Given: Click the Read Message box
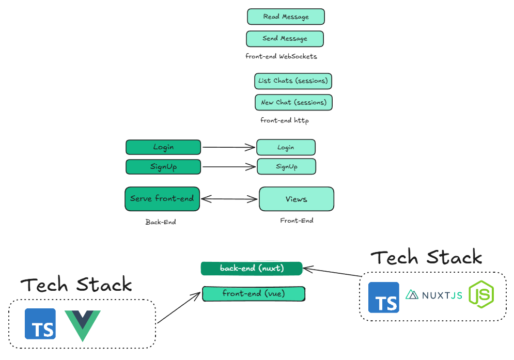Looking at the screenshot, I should click(x=286, y=17).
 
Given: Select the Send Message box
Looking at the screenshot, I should click(x=285, y=39).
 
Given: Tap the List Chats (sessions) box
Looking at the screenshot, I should click(x=293, y=81).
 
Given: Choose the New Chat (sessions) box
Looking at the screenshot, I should click(x=293, y=102).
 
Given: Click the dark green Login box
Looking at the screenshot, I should click(x=163, y=147).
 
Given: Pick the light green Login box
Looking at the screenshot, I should click(x=286, y=147).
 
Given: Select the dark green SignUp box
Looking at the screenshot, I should click(x=163, y=166).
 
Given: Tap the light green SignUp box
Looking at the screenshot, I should click(x=286, y=166).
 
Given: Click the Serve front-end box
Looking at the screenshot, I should click(x=162, y=199).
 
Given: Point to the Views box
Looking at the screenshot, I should click(x=296, y=199).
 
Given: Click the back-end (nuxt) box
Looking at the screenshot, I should click(x=252, y=268).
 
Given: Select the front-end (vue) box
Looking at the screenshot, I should click(x=254, y=294).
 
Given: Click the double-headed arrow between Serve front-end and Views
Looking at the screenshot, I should click(x=229, y=199).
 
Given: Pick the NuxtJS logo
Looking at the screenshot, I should click(x=434, y=295).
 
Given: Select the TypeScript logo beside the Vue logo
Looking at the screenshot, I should click(x=40, y=324).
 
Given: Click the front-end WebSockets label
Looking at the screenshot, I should click(x=281, y=56).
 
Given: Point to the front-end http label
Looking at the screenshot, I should click(x=284, y=120).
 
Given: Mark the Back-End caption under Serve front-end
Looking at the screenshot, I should click(x=161, y=222).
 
